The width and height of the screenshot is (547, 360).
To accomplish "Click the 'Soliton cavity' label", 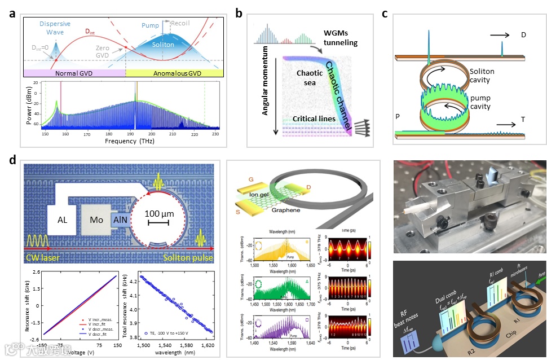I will click(484, 76).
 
